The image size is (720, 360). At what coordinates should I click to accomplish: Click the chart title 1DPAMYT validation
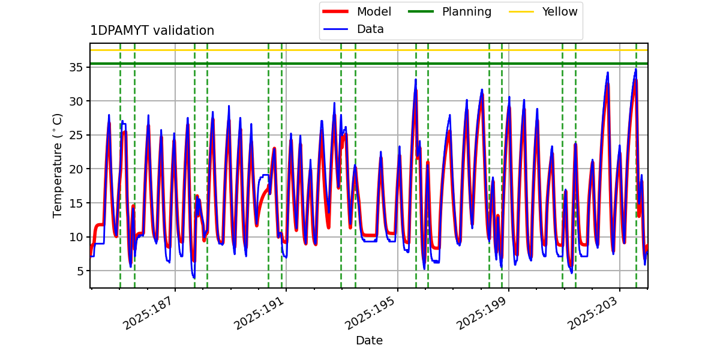point(152,31)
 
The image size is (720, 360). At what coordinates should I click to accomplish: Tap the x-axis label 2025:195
point(370,312)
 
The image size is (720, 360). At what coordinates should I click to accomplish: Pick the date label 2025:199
point(481,312)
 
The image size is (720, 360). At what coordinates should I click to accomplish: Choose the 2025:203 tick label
point(592,312)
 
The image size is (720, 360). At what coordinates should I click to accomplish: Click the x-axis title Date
point(369,341)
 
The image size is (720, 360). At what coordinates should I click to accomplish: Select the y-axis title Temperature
point(58,165)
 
